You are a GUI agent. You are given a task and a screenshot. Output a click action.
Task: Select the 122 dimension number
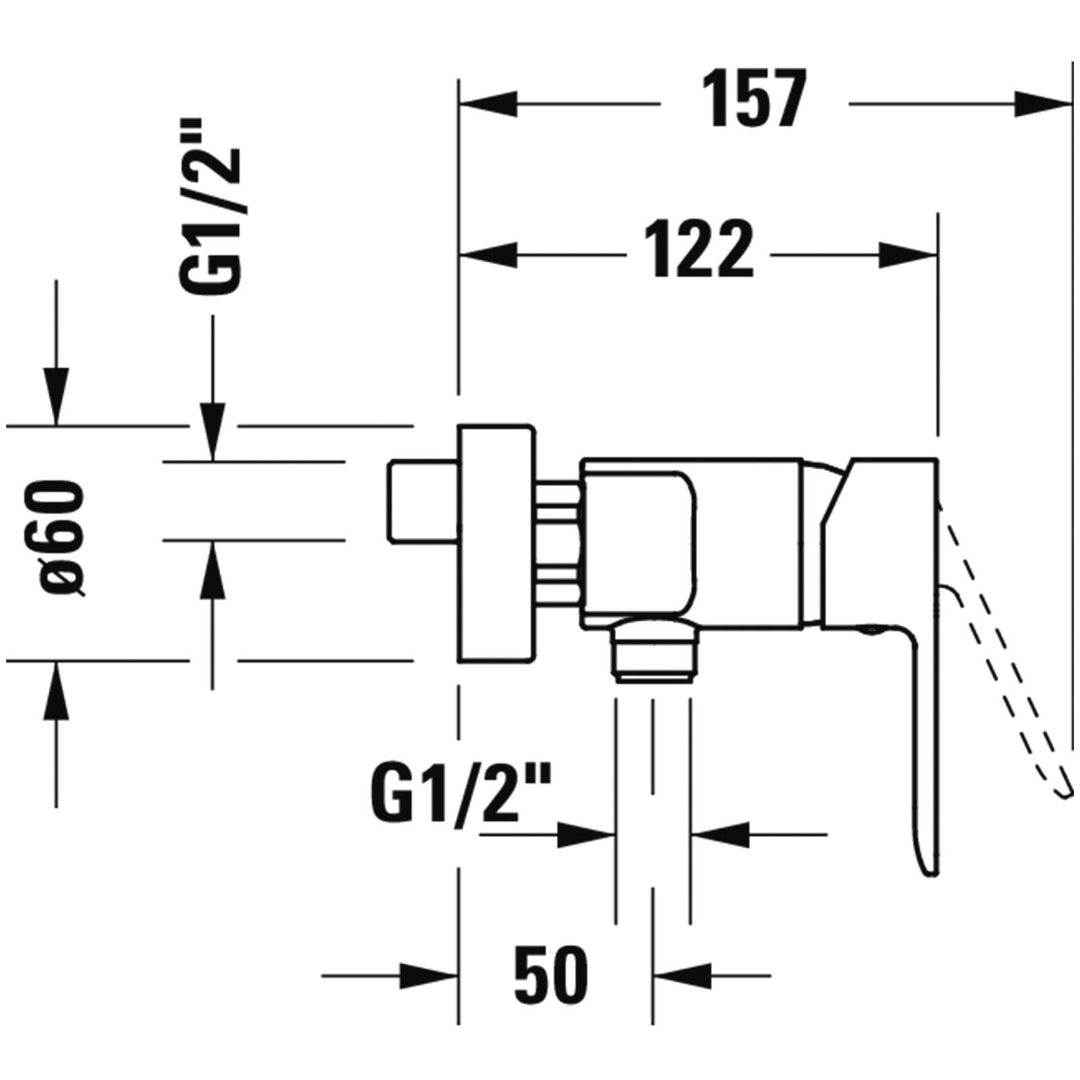click(x=697, y=248)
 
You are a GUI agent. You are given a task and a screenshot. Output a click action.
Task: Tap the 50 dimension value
click(x=551, y=974)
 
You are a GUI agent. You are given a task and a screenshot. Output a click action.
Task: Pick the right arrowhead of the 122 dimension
click(x=909, y=255)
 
